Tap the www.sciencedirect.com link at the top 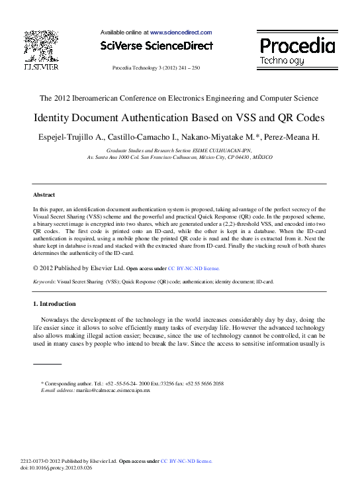click(x=181, y=32)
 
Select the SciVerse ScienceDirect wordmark click(x=157, y=46)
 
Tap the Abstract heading click(x=44, y=195)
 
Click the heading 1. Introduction click(x=54, y=304)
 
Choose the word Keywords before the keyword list click(x=44, y=281)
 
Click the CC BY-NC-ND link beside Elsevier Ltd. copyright click(x=193, y=269)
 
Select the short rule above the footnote click(x=47, y=364)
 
